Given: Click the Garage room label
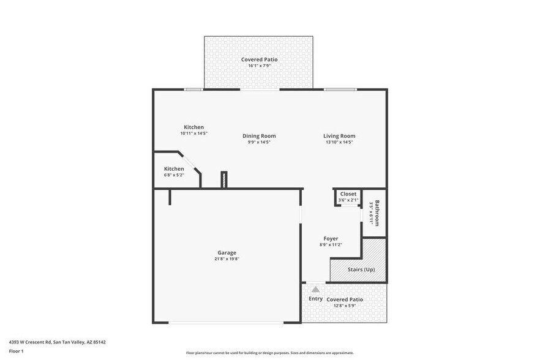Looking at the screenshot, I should click(227, 252).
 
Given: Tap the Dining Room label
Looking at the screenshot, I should click(259, 136).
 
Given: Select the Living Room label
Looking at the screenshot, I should click(339, 136).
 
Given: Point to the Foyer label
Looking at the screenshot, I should click(331, 239).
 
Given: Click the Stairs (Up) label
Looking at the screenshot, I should click(361, 269).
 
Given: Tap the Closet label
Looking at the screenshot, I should click(348, 194).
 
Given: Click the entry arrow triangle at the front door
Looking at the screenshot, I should click(315, 288).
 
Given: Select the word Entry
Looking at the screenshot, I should click(315, 299).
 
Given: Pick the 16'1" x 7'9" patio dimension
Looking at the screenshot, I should click(259, 66).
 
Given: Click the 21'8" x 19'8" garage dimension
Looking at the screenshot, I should click(227, 259).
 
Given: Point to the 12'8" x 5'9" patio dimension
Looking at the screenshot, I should click(345, 306).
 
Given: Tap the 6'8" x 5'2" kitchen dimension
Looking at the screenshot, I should click(173, 176).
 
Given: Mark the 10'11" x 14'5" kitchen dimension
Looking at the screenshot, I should click(193, 133).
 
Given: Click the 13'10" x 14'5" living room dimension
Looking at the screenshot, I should click(339, 142).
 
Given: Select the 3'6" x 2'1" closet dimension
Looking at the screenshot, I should click(348, 200).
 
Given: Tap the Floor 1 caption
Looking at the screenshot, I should click(16, 351).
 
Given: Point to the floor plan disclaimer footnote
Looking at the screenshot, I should click(269, 353).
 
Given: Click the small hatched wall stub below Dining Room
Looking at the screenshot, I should click(224, 179).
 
